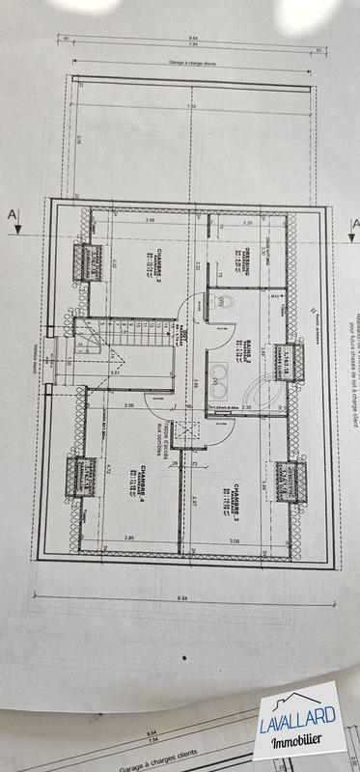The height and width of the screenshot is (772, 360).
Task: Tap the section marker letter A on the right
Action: coord(353,227)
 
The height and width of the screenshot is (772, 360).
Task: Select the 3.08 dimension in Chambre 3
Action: coord(233,541)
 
